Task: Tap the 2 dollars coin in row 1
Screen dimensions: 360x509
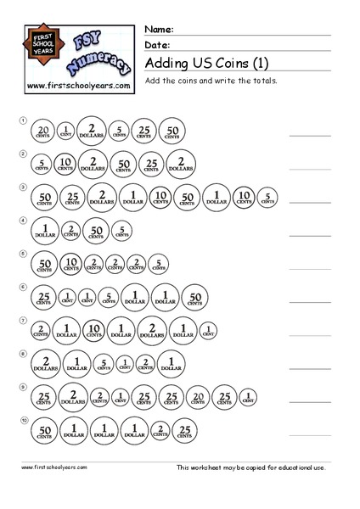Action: click(x=92, y=130)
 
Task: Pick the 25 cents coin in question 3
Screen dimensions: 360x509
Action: click(x=72, y=198)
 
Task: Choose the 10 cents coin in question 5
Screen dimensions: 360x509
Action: click(x=71, y=265)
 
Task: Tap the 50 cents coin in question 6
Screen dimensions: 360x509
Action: click(x=193, y=298)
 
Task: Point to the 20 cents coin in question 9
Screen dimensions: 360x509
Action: click(x=197, y=397)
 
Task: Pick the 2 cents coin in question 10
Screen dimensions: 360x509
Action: click(x=161, y=430)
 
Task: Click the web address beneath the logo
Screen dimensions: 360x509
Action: click(x=77, y=87)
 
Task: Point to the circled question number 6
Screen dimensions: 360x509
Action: click(x=24, y=287)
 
